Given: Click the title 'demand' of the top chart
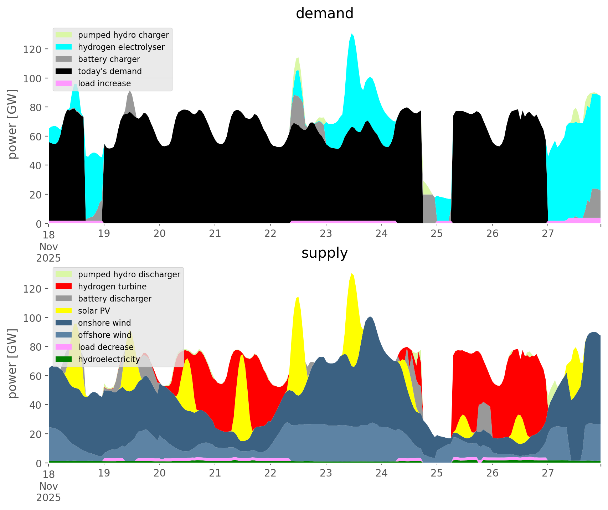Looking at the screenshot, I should pyautogui.click(x=324, y=14).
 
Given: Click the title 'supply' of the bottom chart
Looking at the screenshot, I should pyautogui.click(x=324, y=253).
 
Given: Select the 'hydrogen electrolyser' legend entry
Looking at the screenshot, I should pyautogui.click(x=121, y=47).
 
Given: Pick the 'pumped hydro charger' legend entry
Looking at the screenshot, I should pyautogui.click(x=123, y=35).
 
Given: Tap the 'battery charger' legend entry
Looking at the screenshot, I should pyautogui.click(x=109, y=59).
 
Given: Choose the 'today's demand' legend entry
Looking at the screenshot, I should pyautogui.click(x=109, y=71).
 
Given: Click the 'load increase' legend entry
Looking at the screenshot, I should pyautogui.click(x=104, y=83).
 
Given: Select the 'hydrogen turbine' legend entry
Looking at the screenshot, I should pyautogui.click(x=112, y=287).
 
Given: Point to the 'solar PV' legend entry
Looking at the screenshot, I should pyautogui.click(x=94, y=311).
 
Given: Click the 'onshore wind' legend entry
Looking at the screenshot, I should pyautogui.click(x=104, y=323).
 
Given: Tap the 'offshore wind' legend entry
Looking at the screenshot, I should pyautogui.click(x=104, y=335).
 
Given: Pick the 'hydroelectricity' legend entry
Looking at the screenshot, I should pyautogui.click(x=109, y=359).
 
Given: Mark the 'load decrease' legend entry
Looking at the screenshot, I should pyautogui.click(x=105, y=347).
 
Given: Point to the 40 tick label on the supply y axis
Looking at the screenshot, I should pyautogui.click(x=35, y=405).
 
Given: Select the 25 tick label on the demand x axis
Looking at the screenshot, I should pyautogui.click(x=437, y=234).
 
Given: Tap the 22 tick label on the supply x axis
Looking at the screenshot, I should pyautogui.click(x=270, y=473).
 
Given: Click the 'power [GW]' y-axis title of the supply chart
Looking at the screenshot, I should pyautogui.click(x=12, y=364).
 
